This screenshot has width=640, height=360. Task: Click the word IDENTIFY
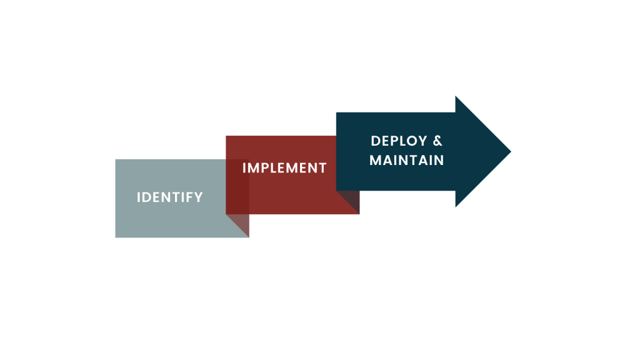click(169, 197)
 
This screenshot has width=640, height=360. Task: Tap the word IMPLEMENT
click(284, 168)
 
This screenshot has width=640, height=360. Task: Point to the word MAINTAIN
click(406, 161)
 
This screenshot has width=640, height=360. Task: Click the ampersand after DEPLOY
click(437, 141)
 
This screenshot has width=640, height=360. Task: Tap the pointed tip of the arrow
click(510, 151)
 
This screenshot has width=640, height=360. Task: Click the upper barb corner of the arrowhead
click(456, 97)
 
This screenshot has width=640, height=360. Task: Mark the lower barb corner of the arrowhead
click(456, 206)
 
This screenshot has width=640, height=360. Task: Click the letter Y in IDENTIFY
click(199, 197)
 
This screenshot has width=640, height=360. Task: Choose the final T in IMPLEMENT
click(322, 168)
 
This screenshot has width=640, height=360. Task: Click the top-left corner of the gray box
click(116, 160)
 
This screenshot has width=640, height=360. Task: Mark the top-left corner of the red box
click(226, 136)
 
